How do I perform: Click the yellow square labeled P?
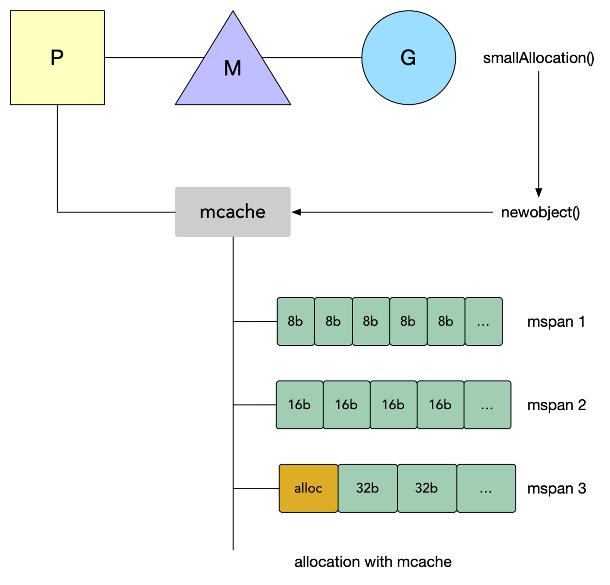point(57,58)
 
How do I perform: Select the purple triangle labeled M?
point(233,68)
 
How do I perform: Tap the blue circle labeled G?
point(408,58)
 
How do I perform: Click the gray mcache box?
point(233,212)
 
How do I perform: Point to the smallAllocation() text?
point(538,58)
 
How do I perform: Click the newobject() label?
point(540,212)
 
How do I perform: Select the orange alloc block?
point(308,488)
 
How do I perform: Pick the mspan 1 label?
point(556,322)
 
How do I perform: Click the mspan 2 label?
point(556,405)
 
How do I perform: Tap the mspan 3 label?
point(556,488)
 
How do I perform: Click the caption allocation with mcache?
point(373,562)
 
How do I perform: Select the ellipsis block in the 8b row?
point(483,322)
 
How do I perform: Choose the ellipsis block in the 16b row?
point(487,405)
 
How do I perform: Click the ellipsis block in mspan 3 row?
point(486,488)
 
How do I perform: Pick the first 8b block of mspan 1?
point(296,322)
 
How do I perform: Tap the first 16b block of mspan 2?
point(300,405)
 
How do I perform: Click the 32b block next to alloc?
point(368,488)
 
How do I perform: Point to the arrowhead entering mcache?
point(296,212)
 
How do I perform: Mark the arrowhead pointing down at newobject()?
point(539,192)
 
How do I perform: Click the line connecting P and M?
point(154,58)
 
